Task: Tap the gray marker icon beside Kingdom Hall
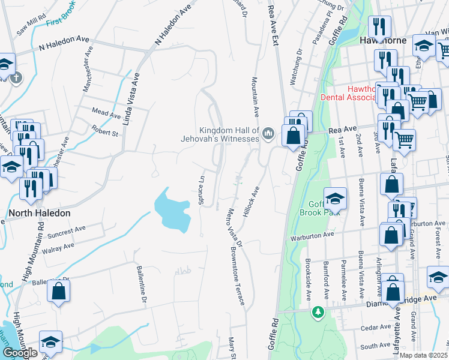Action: (268, 133)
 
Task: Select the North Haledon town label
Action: (39, 213)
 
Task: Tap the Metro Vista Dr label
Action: (234, 229)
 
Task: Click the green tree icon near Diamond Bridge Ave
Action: (318, 312)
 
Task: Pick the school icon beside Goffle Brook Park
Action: (335, 199)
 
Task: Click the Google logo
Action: (20, 353)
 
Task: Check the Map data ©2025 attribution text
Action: (423, 355)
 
